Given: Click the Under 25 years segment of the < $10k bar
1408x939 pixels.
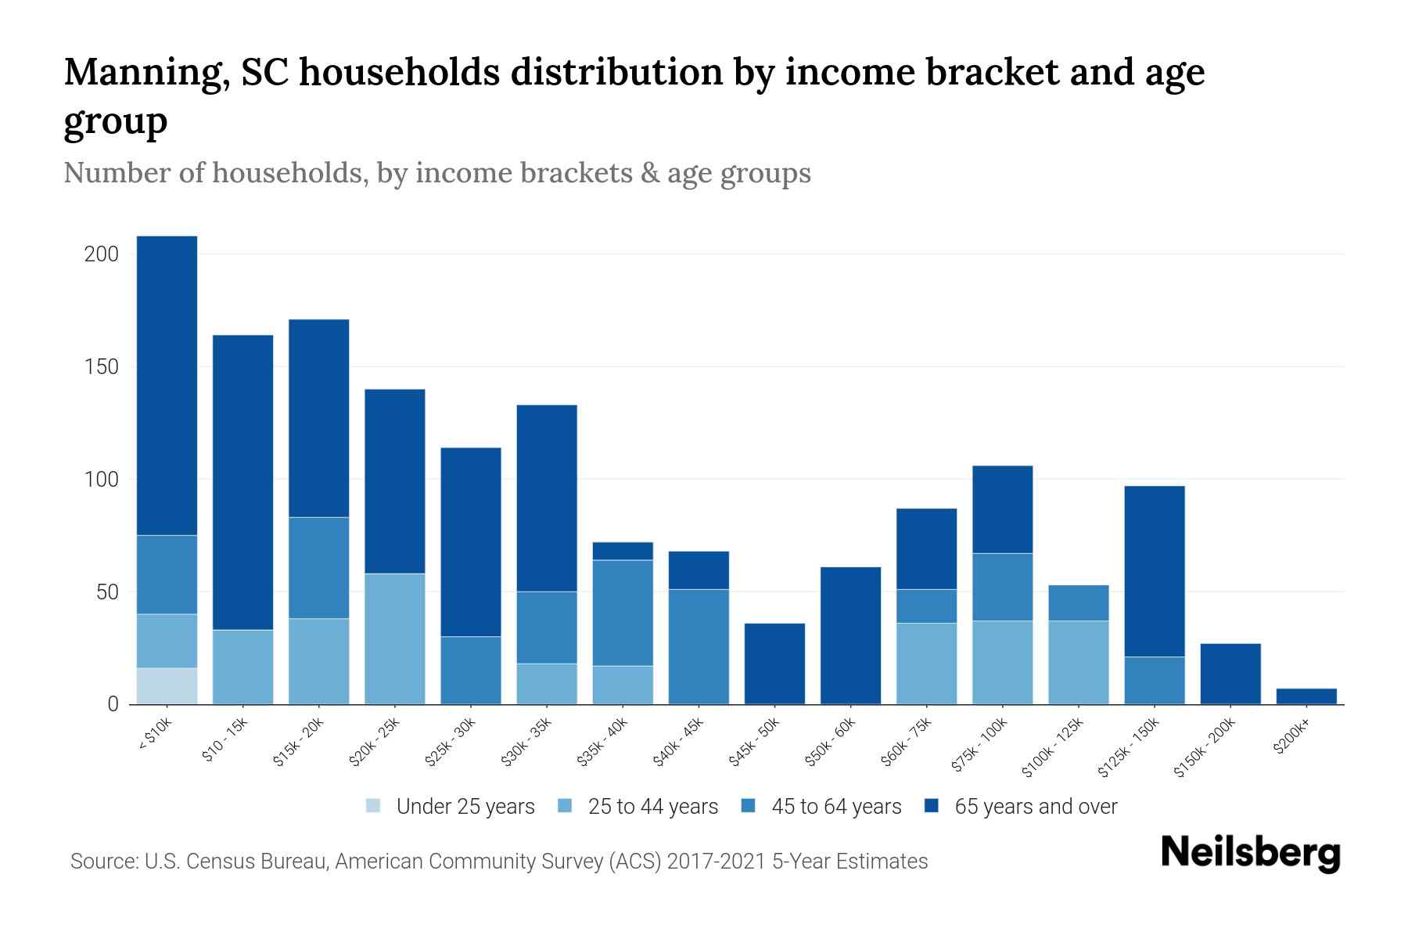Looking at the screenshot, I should tap(167, 685).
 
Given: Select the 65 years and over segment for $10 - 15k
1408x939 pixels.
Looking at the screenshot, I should tap(242, 482).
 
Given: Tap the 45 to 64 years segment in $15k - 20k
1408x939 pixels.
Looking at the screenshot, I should tap(318, 567).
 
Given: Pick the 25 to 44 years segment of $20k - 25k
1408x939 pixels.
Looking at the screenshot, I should tap(395, 639).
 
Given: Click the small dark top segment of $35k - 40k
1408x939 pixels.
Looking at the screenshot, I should tap(623, 551).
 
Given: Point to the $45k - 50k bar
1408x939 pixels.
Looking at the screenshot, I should tap(774, 664).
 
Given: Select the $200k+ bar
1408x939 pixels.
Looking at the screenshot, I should tap(1306, 696).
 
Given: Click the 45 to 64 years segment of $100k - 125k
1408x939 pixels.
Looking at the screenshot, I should tap(1079, 603).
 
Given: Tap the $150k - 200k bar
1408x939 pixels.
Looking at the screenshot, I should tap(1230, 674).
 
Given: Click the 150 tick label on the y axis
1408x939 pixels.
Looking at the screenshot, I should tap(102, 367).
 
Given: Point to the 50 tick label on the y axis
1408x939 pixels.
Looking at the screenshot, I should tap(107, 592).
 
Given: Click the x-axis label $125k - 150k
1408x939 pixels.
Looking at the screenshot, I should tap(1130, 747).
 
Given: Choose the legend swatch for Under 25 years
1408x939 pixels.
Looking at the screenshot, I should tap(374, 806).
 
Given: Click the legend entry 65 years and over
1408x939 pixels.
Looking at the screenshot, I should tap(1036, 807).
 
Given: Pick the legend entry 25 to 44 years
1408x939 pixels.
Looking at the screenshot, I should tap(652, 807).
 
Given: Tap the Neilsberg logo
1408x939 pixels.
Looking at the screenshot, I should tap(1250, 853).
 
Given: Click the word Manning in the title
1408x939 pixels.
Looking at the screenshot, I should tap(146, 72).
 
